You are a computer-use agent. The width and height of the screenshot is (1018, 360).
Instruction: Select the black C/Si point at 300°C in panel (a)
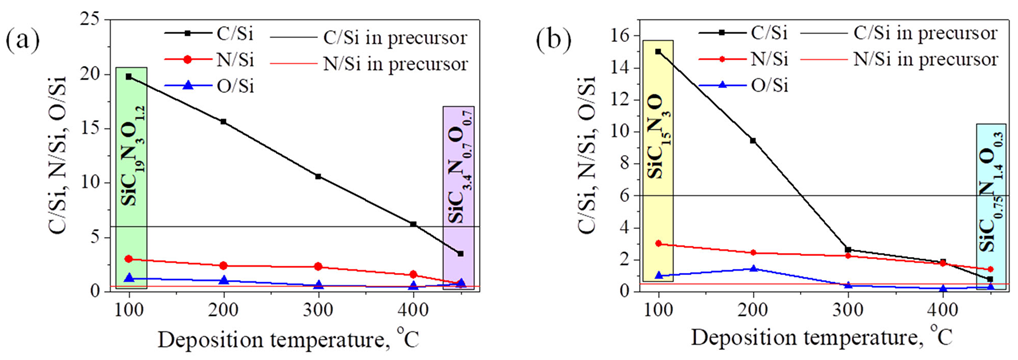click(318, 176)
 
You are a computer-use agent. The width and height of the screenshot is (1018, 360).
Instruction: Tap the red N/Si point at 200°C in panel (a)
click(223, 265)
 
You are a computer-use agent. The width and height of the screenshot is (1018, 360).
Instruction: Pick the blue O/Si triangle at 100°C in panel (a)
click(128, 278)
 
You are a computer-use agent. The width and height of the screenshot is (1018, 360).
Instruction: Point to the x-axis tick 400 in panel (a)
click(412, 308)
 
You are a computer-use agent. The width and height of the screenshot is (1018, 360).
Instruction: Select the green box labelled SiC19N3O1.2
click(131, 178)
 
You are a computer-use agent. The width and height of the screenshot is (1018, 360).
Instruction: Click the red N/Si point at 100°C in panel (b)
click(658, 243)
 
